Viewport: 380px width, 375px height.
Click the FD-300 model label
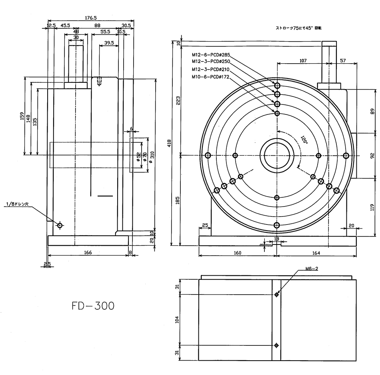[x=93, y=306]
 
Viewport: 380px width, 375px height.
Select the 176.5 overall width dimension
[x=90, y=18]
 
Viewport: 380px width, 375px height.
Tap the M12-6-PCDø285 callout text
[x=211, y=55]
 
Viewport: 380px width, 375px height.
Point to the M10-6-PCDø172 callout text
[x=210, y=76]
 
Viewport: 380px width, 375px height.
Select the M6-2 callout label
[x=311, y=269]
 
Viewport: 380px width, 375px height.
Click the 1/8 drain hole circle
[x=60, y=225]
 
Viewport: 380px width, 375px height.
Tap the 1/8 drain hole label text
[x=18, y=204]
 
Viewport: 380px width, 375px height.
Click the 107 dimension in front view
[x=302, y=61]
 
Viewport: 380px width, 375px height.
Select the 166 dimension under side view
[x=88, y=253]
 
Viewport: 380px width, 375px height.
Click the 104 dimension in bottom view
[x=178, y=320]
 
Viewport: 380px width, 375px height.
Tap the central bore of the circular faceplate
[x=277, y=156]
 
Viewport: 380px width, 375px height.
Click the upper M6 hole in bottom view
[x=276, y=295]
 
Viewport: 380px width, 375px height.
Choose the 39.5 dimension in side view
[x=109, y=42]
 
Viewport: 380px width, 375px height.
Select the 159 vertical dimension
[x=22, y=116]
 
